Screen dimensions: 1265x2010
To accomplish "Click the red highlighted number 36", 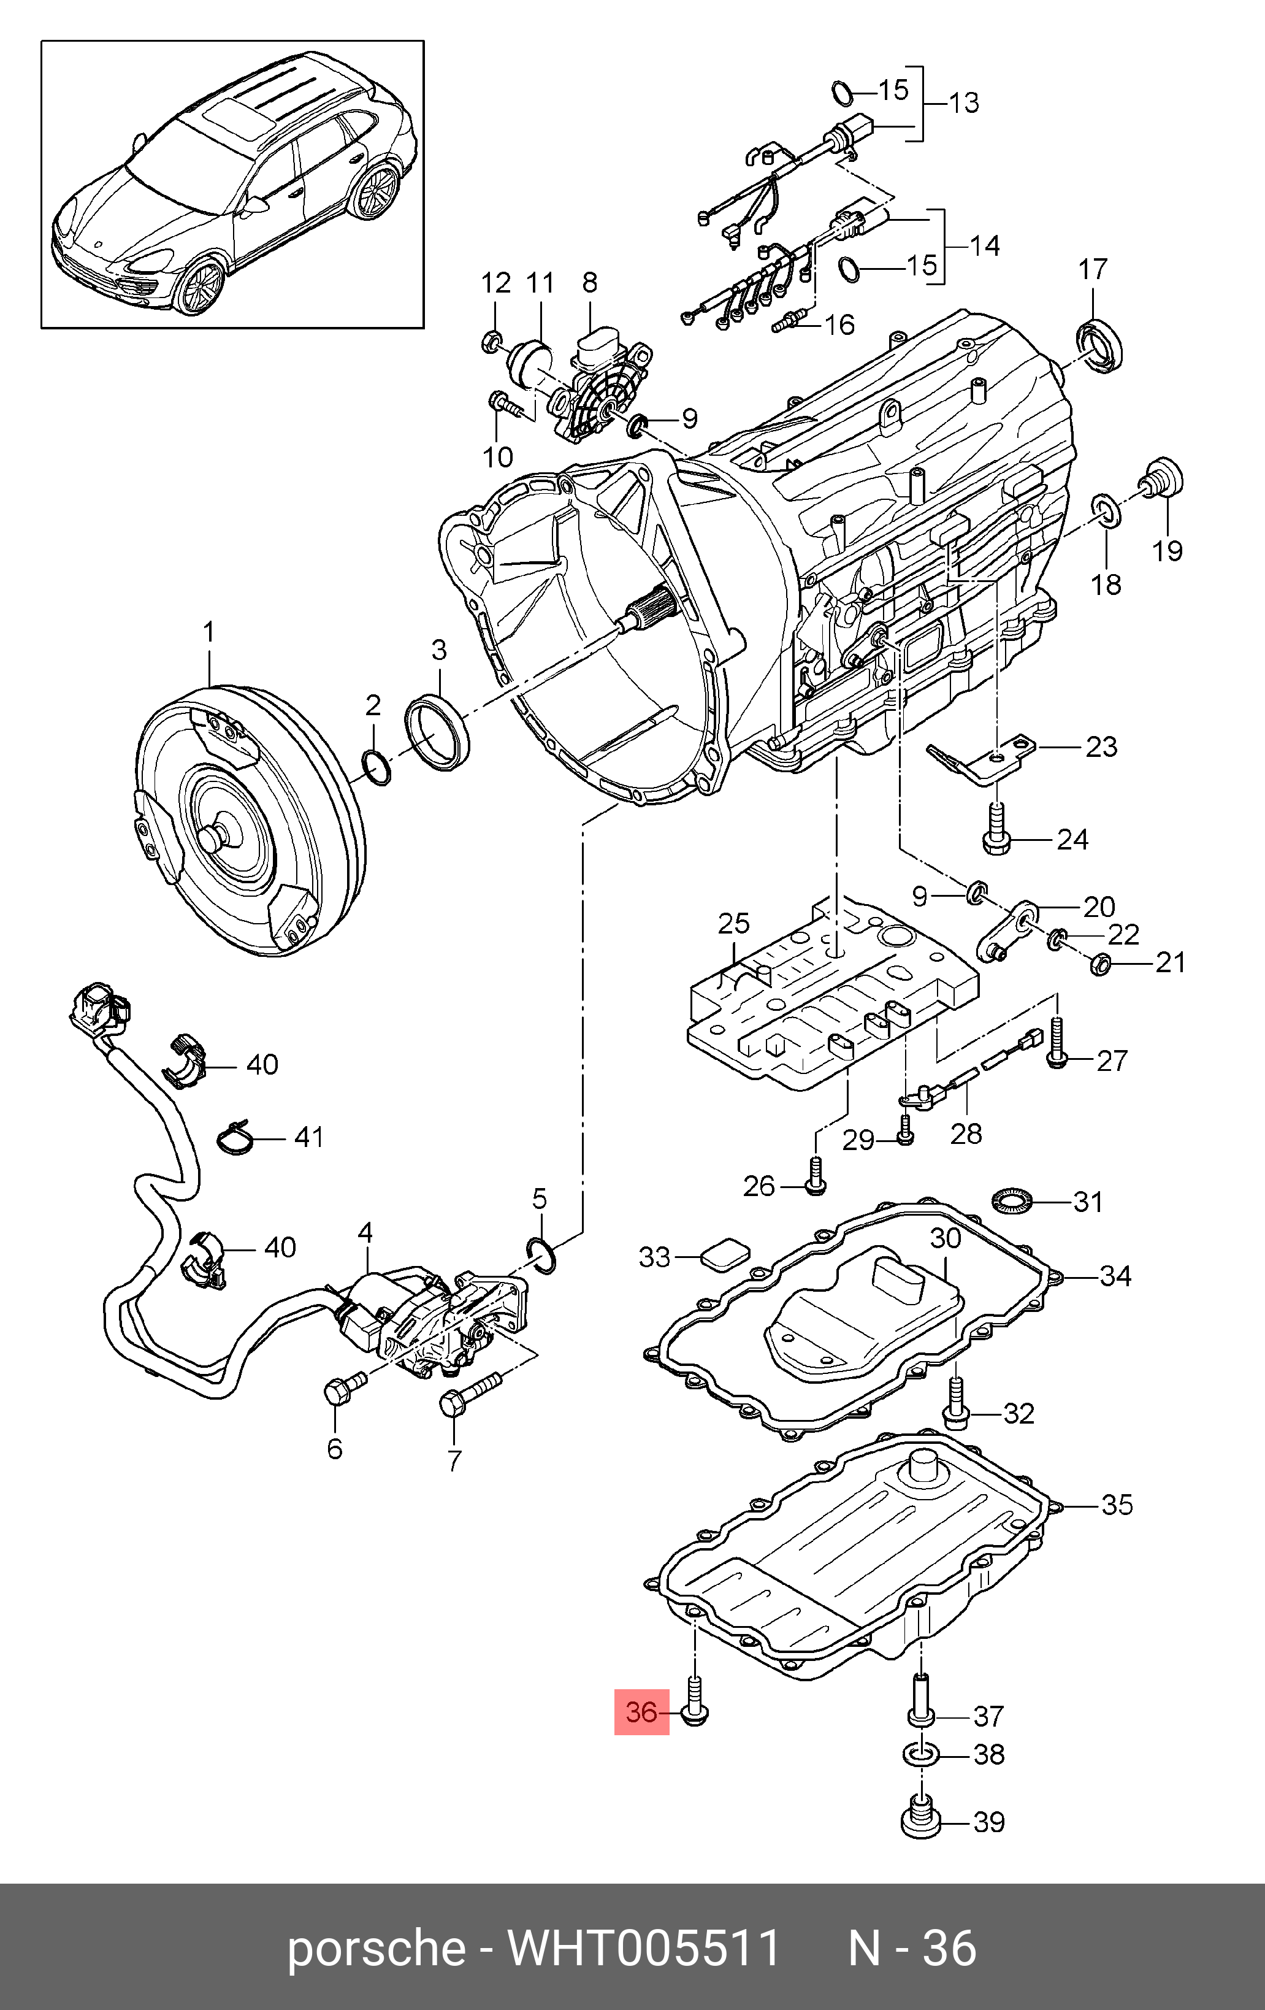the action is tap(641, 1712).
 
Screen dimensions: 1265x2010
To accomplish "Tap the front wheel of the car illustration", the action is tap(201, 285).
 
